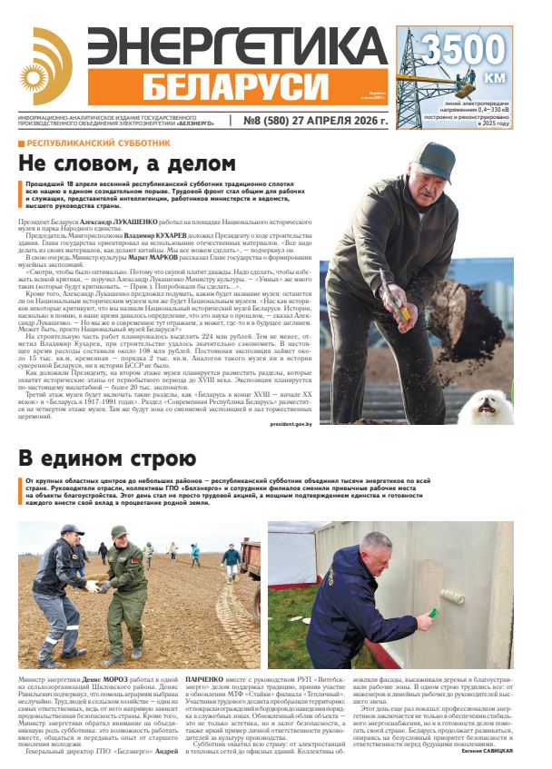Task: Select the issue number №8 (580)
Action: (270, 120)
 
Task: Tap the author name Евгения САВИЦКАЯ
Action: (498, 753)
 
